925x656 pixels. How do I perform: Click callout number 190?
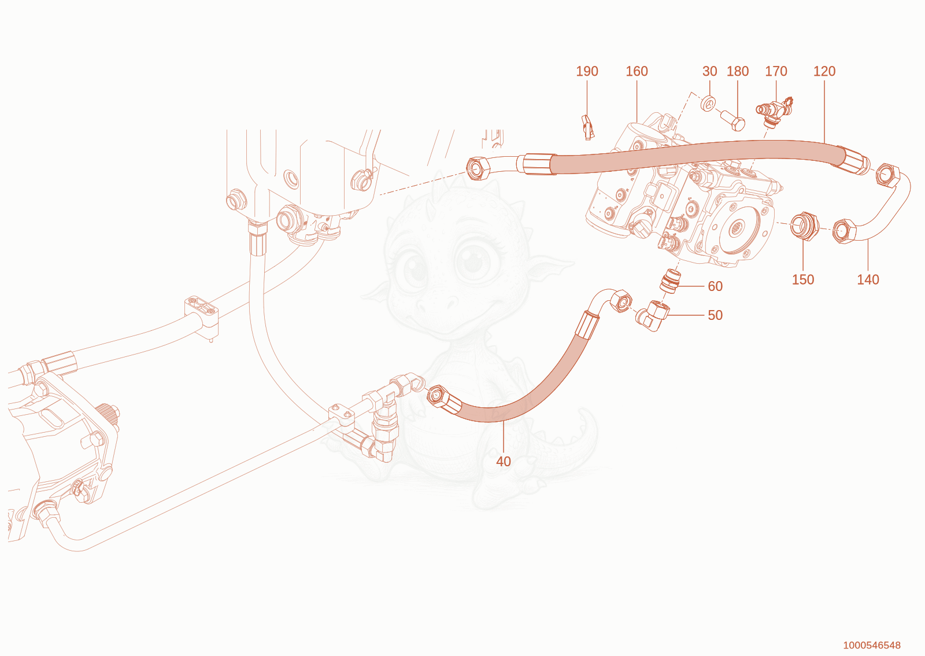587,71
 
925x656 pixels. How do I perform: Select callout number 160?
637,71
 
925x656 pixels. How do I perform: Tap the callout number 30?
709,71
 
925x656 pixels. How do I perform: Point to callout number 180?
738,71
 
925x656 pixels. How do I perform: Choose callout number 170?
776,71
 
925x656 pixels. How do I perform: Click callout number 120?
824,71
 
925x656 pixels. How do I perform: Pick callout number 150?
803,279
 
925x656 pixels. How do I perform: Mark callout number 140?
868,279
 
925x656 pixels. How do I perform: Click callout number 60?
715,286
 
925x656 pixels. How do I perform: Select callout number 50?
715,315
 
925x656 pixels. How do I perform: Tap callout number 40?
504,462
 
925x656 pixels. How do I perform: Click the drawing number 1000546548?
872,645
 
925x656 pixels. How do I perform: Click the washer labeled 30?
709,103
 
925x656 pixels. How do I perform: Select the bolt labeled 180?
733,120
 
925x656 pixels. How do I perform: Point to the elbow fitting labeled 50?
653,316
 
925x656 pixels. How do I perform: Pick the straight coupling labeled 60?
669,281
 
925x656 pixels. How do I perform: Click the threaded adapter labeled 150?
804,226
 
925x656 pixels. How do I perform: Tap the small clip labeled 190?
588,127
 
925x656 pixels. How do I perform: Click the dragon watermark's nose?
437,304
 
